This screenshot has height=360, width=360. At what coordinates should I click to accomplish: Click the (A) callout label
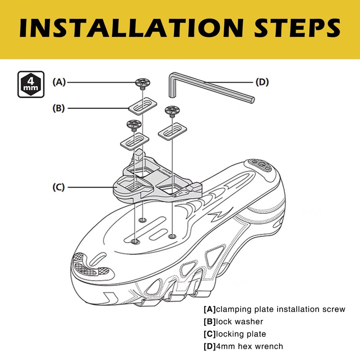point(59,82)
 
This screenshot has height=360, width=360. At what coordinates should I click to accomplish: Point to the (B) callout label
point(59,108)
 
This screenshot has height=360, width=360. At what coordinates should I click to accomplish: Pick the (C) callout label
point(59,187)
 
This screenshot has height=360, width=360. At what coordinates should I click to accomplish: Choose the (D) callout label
point(262,82)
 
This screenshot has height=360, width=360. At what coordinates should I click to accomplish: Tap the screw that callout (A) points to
point(142,83)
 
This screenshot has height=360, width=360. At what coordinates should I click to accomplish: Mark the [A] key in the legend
point(210,310)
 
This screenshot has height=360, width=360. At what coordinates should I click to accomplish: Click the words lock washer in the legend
point(241,322)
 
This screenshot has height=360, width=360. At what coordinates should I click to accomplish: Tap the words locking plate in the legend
point(241,334)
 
